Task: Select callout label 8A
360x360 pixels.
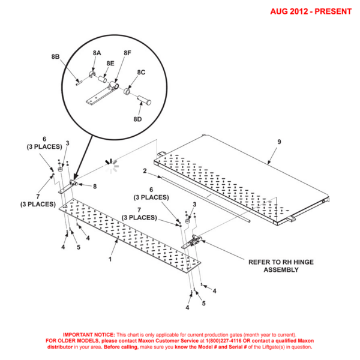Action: tap(97, 53)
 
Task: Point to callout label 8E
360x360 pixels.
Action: tap(110, 63)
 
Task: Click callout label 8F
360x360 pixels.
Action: tap(127, 53)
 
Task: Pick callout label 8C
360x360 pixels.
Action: tap(141, 72)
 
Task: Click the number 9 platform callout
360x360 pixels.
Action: tap(278, 142)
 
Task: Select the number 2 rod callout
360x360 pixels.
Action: tap(145, 171)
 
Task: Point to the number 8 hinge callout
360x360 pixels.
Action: tap(94, 186)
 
